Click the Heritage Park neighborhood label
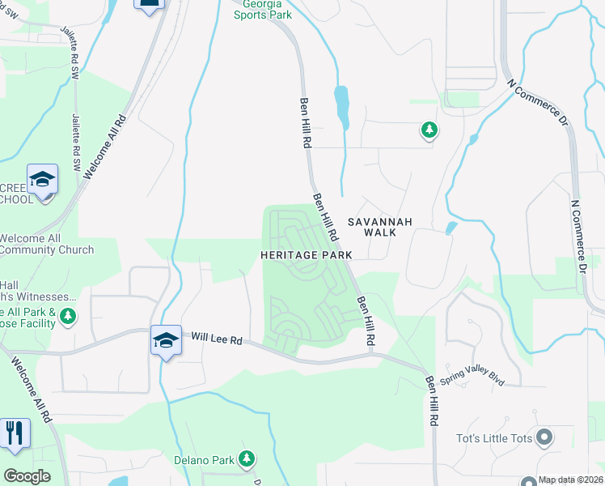306,254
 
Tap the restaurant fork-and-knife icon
15,433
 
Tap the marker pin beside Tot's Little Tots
544,438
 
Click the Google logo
27,476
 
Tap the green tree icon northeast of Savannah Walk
429,130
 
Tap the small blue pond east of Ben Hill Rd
342,105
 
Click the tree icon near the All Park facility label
69,315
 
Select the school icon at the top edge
149,4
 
